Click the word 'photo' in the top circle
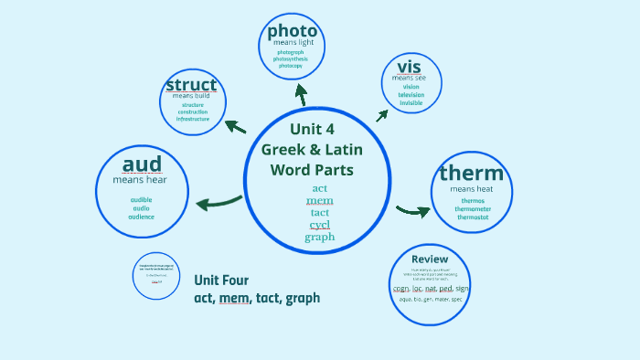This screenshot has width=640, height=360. (293, 31)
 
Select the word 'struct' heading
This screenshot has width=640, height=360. (192, 85)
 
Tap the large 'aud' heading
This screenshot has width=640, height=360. (142, 164)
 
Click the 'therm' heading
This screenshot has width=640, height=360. (471, 174)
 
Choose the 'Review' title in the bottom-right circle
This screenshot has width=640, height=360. (430, 259)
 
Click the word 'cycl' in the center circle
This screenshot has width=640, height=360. (319, 225)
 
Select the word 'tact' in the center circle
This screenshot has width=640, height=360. (319, 213)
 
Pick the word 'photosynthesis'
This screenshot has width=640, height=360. (293, 59)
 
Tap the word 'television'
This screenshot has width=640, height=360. (411, 95)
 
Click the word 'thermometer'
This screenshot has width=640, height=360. (473, 208)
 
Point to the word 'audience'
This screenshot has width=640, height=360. (142, 217)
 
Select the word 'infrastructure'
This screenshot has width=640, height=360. (193, 119)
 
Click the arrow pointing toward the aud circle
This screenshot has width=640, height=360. (217, 202)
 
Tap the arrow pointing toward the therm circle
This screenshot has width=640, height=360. (414, 211)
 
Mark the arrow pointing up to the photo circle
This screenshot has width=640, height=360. (300, 93)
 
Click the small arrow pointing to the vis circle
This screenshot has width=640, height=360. (381, 115)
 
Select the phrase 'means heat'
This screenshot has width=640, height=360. (472, 189)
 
